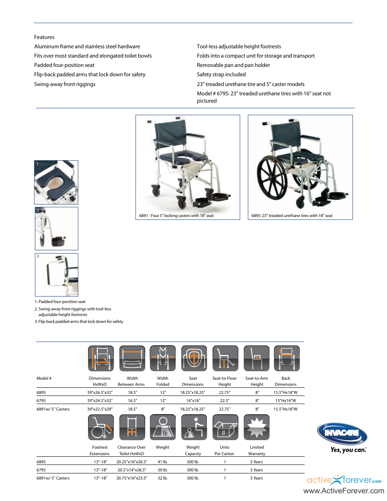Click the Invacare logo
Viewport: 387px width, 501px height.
coord(342,433)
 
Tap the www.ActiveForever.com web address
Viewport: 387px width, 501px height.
coord(344,491)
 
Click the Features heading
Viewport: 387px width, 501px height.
coord(44,37)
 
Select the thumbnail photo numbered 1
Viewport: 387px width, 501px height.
coord(56,182)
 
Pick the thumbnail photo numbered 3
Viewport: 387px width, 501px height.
coord(56,275)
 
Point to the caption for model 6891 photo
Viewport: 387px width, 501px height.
coord(176,216)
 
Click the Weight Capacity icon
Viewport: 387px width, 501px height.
coord(193,427)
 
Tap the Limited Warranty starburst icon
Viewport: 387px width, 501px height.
coord(256,427)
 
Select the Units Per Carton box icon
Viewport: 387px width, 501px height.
coord(225,427)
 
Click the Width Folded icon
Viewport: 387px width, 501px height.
coord(163,358)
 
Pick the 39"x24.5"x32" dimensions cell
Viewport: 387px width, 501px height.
coord(100,400)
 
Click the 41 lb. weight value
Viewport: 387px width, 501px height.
coord(162,462)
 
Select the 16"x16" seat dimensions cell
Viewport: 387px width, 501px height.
coord(193,400)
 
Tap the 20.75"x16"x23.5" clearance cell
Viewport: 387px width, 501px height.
coord(131,478)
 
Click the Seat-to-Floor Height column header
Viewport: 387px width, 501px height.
coord(224,381)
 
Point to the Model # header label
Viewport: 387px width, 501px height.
coord(44,378)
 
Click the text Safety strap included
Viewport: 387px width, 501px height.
coord(221,75)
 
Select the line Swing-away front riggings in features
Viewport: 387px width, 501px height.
coord(65,84)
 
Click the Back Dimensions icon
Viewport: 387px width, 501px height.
coord(286,358)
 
